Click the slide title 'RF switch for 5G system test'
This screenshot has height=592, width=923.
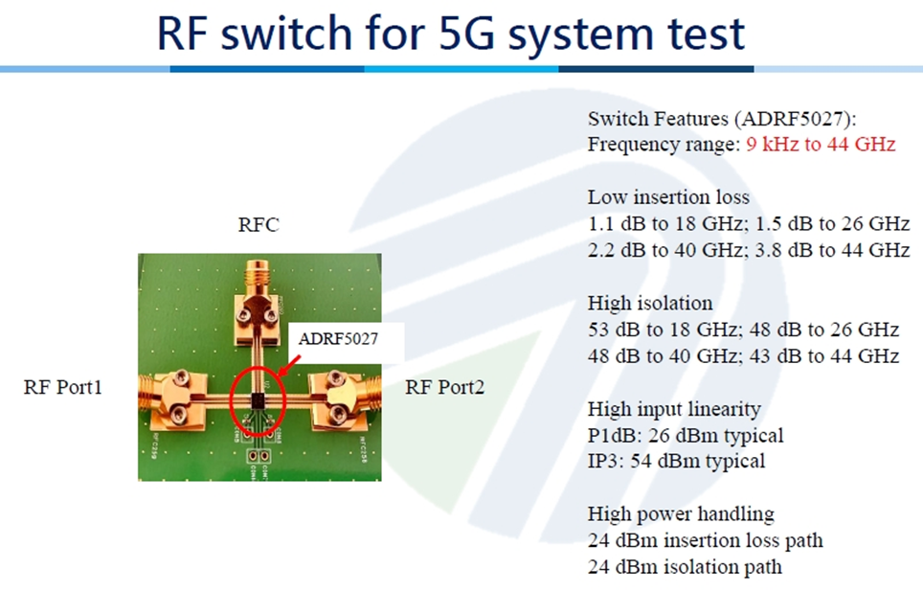[451, 34]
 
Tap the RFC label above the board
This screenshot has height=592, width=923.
[259, 224]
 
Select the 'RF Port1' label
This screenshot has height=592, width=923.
[63, 387]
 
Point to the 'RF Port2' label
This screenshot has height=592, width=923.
[444, 387]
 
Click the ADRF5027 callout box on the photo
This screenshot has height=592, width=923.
[338, 339]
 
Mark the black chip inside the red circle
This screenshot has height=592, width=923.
[258, 400]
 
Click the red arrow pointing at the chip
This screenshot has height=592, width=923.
[289, 365]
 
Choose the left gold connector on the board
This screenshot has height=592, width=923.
[172, 398]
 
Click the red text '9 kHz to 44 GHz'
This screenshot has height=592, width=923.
[821, 145]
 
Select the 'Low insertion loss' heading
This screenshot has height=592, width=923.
[668, 196]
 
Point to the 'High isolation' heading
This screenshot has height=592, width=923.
[650, 303]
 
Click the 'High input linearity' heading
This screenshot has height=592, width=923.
[674, 408]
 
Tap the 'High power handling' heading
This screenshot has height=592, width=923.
[681, 513]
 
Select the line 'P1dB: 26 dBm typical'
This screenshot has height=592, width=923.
[686, 435]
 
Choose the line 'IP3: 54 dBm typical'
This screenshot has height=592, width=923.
[676, 461]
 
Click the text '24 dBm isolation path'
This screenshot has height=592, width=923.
[685, 566]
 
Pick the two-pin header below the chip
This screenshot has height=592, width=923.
[259, 456]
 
